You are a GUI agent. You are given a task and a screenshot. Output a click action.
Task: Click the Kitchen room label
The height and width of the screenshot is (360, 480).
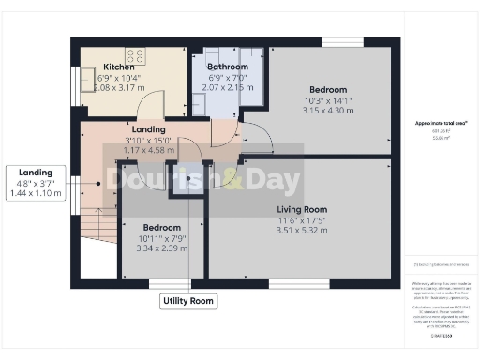(x=119, y=67)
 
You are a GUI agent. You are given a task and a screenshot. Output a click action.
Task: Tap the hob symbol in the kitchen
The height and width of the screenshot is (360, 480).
(x=134, y=55)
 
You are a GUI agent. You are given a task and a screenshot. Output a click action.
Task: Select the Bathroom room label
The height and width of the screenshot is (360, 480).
(x=228, y=67)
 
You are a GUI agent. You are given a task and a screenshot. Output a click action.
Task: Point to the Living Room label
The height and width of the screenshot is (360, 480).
(x=302, y=209)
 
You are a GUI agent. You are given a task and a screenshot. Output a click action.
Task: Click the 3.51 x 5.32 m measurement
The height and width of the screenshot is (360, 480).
(x=302, y=231)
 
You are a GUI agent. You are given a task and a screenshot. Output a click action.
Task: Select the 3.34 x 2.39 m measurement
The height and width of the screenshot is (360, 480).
(x=156, y=249)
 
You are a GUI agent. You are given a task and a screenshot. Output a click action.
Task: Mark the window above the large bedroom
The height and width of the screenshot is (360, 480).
(x=337, y=41)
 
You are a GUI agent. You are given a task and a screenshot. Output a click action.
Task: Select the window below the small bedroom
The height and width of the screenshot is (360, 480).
(x=169, y=283)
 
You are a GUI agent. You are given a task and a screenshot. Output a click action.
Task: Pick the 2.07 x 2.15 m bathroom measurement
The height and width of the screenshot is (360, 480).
(x=228, y=87)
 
